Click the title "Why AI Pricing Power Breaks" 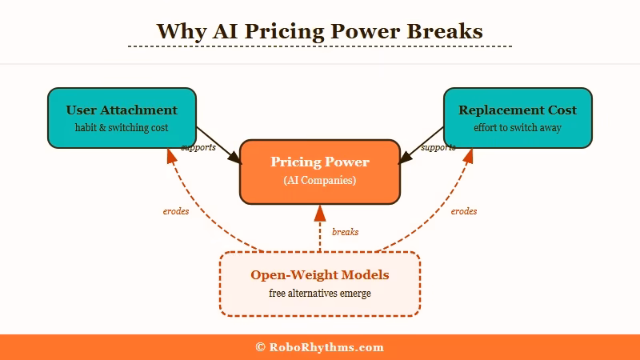(x=319, y=31)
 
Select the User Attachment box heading (x=122, y=110)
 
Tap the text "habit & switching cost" (x=122, y=127)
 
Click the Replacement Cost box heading (x=518, y=110)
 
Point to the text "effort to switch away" (x=518, y=127)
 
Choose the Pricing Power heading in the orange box (x=320, y=162)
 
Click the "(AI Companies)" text (x=320, y=181)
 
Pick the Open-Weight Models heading (x=320, y=275)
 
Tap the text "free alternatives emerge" (x=320, y=294)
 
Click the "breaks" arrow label (x=345, y=232)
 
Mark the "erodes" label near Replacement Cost (x=464, y=212)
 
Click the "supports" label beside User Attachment (x=198, y=147)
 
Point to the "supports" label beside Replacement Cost (x=438, y=147)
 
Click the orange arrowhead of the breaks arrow (x=320, y=213)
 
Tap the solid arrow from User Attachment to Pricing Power (x=218, y=143)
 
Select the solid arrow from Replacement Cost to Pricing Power (x=422, y=143)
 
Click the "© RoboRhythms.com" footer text (x=319, y=347)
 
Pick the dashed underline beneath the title (x=320, y=46)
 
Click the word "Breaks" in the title (x=445, y=31)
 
